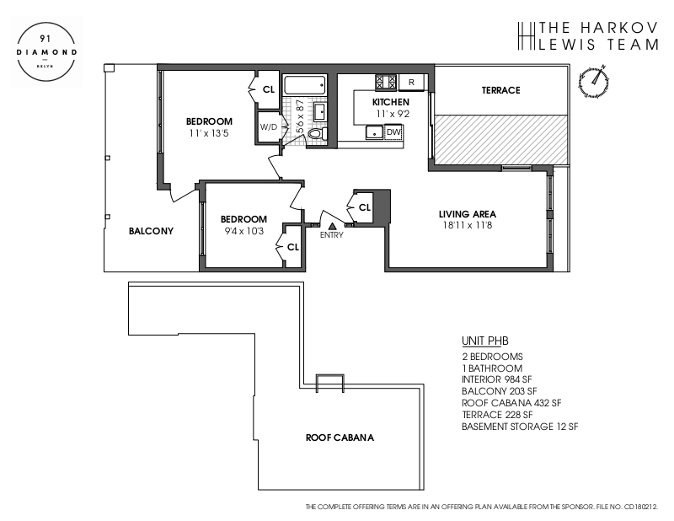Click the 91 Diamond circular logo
48,51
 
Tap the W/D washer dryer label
269,127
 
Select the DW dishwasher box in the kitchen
393,132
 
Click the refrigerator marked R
410,82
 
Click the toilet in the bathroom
315,133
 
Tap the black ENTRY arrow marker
333,225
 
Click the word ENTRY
333,235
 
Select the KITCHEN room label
391,102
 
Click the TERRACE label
500,90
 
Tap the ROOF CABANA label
340,438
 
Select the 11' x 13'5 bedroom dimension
209,132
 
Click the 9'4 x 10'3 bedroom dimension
243,230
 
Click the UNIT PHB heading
485,341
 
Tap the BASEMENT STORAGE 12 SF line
519,427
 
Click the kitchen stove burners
385,82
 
